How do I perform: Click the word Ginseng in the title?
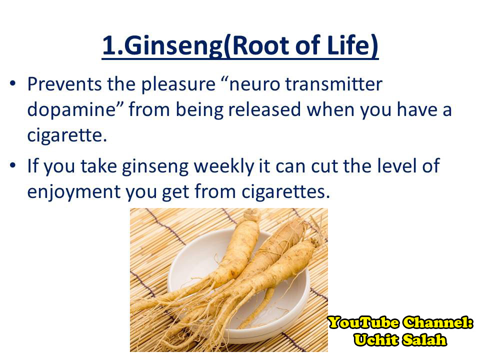click(173, 46)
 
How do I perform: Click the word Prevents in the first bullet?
click(64, 84)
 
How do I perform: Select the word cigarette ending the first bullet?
click(65, 135)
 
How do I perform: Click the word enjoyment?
click(74, 192)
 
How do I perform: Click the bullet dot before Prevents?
click(12, 83)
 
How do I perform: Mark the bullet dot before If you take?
click(12, 165)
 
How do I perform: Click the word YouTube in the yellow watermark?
click(363, 322)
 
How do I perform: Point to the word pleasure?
click(178, 85)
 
